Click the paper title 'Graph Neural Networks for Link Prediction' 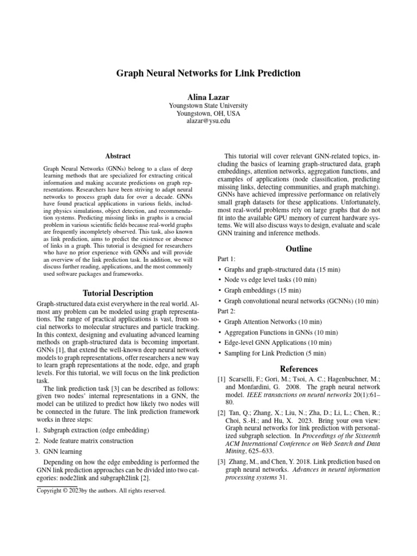click(x=208, y=73)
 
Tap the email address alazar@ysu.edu click(x=208, y=122)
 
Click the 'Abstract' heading click(x=118, y=155)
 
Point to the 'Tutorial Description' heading click(x=118, y=293)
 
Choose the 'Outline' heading click(x=299, y=249)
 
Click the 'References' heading click(x=299, y=369)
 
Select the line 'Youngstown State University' click(x=208, y=105)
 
